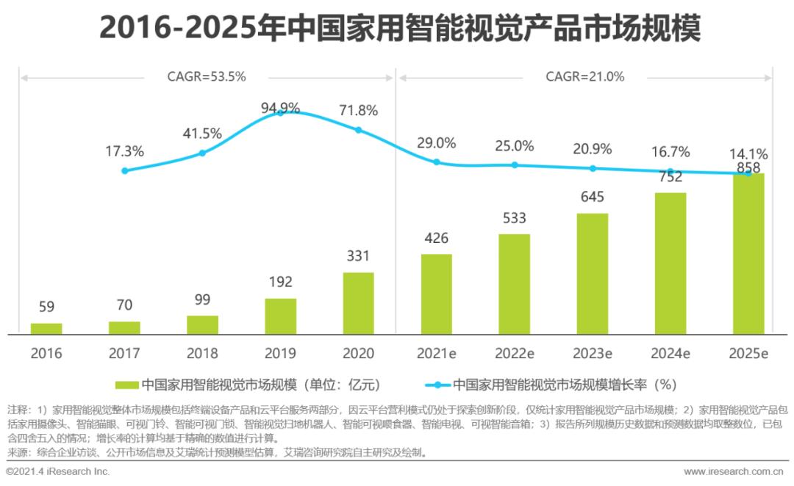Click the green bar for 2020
click(x=358, y=303)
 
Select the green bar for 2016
click(x=46, y=328)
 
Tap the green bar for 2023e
click(x=592, y=274)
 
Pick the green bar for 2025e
click(x=748, y=254)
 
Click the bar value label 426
click(x=436, y=239)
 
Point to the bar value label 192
click(x=280, y=282)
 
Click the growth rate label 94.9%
click(x=280, y=109)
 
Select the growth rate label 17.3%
click(x=124, y=151)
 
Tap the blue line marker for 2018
click(x=202, y=153)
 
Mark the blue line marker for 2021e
click(x=436, y=162)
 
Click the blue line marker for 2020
click(x=359, y=130)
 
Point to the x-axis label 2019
click(x=280, y=353)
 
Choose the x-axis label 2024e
click(x=670, y=353)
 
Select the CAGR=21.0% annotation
click(x=584, y=76)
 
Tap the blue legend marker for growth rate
click(x=437, y=385)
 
